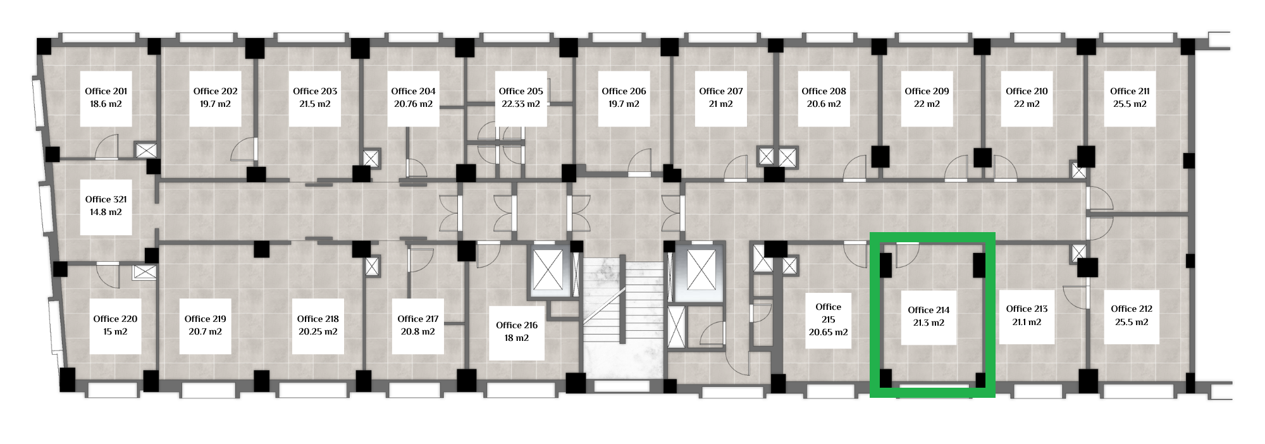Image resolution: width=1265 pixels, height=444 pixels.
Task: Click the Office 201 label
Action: pos(106,91)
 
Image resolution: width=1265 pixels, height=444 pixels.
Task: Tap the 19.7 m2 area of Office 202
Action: pos(215,104)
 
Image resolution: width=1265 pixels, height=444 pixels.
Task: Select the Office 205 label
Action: pos(521,91)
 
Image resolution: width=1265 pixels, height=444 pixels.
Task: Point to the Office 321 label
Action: pos(106,199)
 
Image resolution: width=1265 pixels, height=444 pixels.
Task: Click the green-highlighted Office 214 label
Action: pos(929,310)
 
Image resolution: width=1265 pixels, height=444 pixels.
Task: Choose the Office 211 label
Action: pos(1130,91)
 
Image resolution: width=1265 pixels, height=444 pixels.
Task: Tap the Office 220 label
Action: pos(115,319)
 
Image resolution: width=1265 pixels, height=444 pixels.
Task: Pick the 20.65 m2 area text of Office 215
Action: pos(828,332)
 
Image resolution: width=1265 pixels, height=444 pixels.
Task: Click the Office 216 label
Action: pos(517,325)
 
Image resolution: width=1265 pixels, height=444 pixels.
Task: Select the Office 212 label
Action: pos(1132,309)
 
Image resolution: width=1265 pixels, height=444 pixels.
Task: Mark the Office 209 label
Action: pos(927,91)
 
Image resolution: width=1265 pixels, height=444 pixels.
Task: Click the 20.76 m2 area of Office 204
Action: pos(413,104)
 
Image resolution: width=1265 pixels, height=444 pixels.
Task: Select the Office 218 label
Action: pos(318,319)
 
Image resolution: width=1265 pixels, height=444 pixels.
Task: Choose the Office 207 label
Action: pos(721,91)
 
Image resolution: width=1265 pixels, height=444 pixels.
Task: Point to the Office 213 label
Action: pos(1027,309)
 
